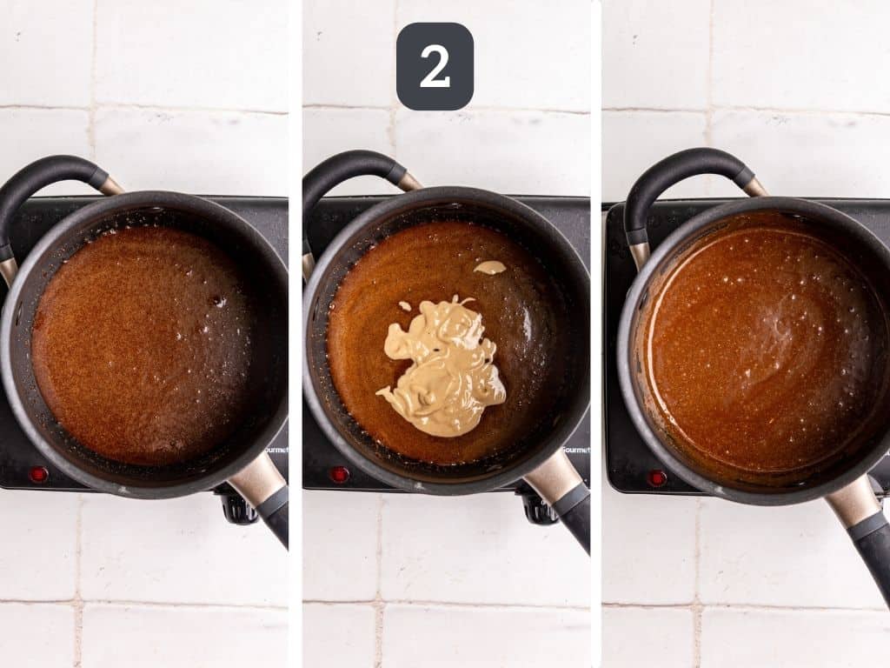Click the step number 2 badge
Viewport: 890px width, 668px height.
(435, 66)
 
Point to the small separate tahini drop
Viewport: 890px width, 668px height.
(489, 267)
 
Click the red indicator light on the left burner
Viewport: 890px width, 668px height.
(38, 474)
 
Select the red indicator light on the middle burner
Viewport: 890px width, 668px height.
(339, 474)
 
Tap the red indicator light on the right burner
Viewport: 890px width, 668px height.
(658, 478)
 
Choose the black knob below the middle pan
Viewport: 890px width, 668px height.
(538, 509)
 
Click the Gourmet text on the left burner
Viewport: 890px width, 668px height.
(276, 450)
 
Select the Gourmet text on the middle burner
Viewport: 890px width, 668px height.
(575, 450)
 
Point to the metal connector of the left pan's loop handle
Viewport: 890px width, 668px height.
(111, 185)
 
